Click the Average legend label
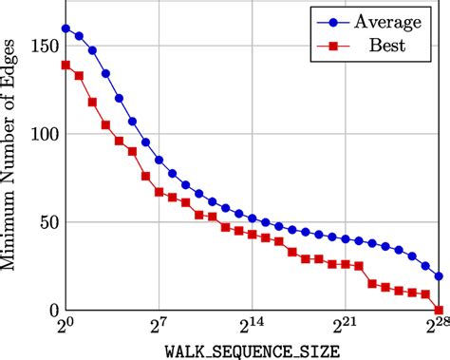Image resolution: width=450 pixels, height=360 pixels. point(390,20)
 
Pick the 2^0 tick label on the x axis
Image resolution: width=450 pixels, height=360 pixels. point(65,328)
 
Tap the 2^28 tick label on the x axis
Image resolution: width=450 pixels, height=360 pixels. point(437,328)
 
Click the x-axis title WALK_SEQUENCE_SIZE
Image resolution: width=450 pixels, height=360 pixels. point(253,351)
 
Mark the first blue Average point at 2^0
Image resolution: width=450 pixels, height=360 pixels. point(66,28)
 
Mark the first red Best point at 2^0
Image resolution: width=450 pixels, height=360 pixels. point(66,66)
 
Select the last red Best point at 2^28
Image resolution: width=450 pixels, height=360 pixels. point(439,310)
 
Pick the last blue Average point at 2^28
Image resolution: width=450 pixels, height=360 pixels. point(439,276)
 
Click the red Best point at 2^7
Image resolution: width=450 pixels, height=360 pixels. point(159,192)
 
